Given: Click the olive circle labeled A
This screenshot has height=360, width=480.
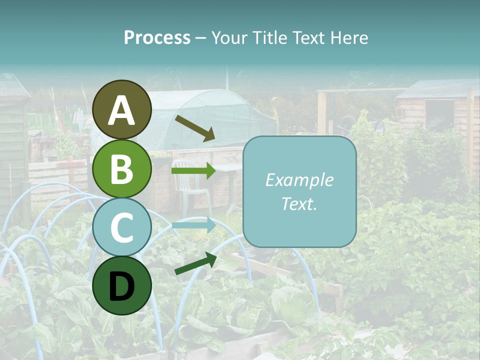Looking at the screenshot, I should tap(122, 109).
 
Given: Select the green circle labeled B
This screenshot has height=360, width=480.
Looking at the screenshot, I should tap(122, 169).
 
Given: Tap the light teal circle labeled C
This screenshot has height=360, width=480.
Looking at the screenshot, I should tap(122, 227).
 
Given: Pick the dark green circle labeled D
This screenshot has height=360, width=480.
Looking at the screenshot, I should tap(122, 285).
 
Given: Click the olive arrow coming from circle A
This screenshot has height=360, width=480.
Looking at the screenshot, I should tap(194, 128).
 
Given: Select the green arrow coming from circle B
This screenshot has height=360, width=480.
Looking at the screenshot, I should tap(193, 171).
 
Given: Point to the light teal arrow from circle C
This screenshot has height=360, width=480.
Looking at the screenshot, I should tap(193, 225).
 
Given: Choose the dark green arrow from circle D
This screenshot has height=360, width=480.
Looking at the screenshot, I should tap(195, 263).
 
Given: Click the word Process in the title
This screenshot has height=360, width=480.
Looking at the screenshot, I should tap(157, 37).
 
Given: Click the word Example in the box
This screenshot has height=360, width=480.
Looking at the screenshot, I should tap(299, 180).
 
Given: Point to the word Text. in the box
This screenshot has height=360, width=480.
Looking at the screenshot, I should tap(299, 203).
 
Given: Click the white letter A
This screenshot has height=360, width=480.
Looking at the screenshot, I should tap(122, 110).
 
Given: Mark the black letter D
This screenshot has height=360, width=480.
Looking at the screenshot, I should tap(122, 286).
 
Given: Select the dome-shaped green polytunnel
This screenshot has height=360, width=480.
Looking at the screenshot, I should tap(210, 117).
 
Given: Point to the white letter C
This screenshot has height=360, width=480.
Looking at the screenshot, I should tap(122, 228).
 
